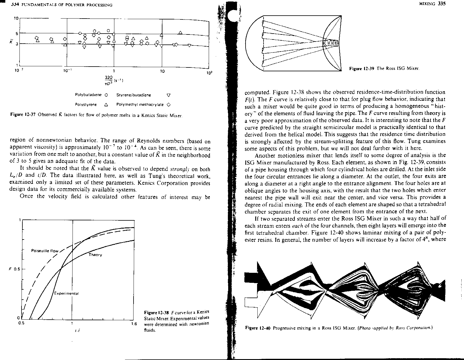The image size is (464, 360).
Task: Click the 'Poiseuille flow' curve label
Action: click(45, 251)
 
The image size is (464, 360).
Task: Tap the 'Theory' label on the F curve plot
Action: click(95, 255)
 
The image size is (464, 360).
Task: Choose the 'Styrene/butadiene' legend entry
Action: click(134, 95)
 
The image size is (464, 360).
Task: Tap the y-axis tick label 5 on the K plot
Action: click(17, 33)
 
